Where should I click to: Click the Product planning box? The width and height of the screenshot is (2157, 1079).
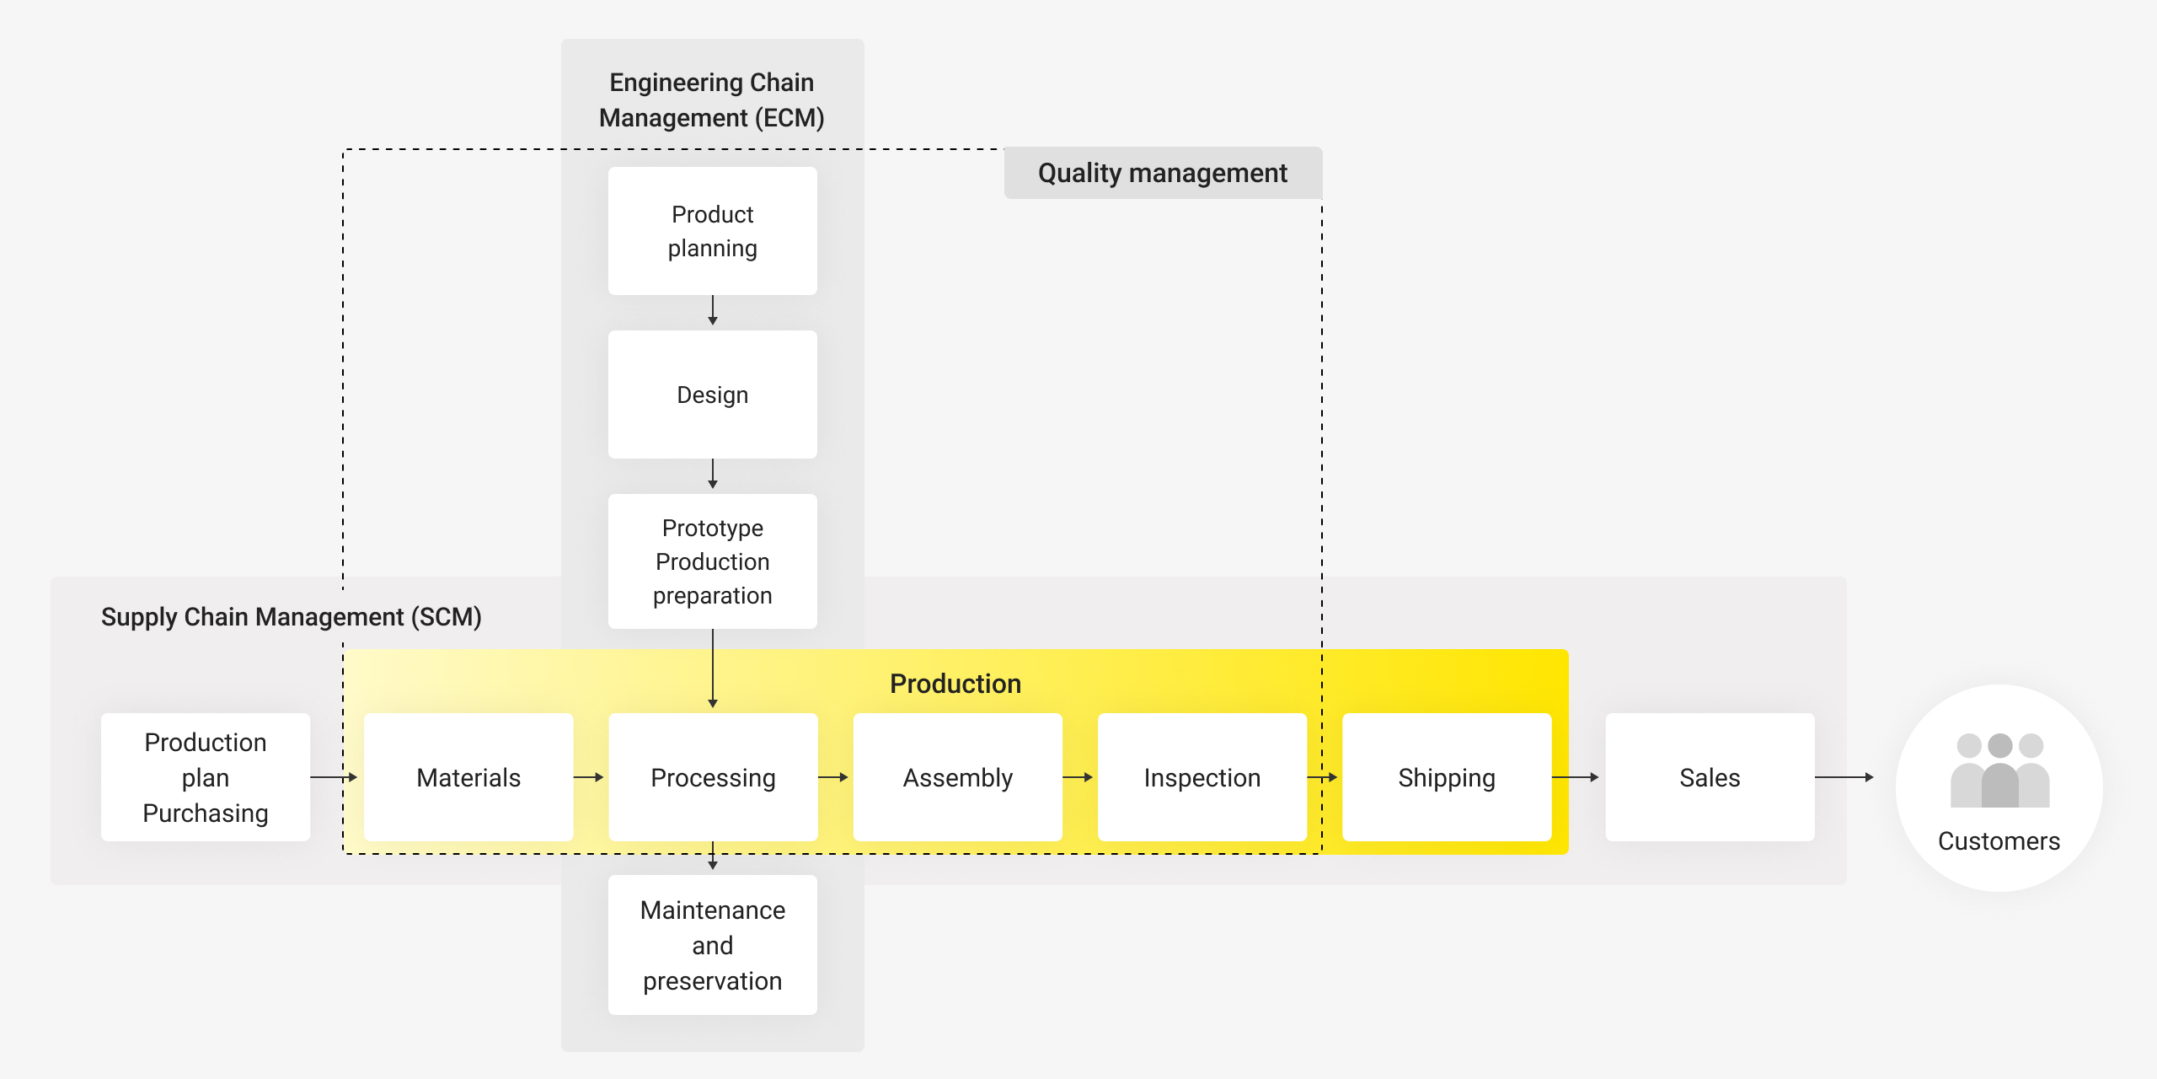tap(713, 231)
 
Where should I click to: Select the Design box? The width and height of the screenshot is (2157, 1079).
tap(713, 395)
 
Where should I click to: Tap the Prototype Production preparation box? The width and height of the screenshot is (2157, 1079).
tap(713, 561)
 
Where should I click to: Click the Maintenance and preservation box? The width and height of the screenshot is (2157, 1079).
tap(713, 945)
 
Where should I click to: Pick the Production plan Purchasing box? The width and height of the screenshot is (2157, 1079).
tap(206, 777)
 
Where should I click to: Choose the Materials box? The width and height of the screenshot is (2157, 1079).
tap(468, 777)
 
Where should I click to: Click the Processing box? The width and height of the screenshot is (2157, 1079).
tap(713, 777)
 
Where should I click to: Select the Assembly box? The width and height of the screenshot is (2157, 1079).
tap(958, 777)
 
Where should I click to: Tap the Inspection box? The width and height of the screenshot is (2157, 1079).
tap(1202, 777)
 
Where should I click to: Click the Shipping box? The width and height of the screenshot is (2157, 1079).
tap(1447, 777)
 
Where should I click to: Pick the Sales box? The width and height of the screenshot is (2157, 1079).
tap(1710, 777)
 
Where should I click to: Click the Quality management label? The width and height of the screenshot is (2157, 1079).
tap(1163, 173)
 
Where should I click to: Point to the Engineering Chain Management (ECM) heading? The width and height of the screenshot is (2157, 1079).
tap(712, 100)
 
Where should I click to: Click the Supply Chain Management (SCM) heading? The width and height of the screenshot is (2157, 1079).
tap(292, 617)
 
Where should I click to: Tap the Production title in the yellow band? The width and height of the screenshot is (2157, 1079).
tap(955, 684)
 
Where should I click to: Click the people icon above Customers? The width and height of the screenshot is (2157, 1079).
tap(1999, 770)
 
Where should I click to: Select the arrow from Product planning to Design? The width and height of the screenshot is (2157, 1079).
tap(713, 310)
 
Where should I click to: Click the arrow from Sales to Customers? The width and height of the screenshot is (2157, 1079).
tap(1844, 777)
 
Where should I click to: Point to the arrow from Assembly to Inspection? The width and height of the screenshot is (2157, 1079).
tap(1078, 777)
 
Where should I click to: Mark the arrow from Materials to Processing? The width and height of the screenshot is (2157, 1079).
tap(589, 777)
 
